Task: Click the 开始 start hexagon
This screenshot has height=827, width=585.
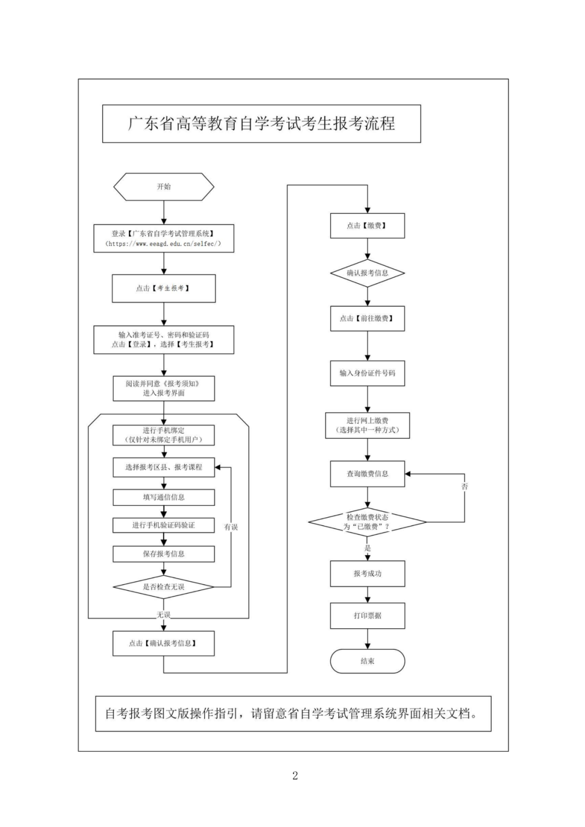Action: click(x=164, y=187)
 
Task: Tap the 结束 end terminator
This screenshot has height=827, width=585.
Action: click(x=367, y=661)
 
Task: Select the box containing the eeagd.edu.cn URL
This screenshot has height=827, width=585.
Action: click(x=164, y=239)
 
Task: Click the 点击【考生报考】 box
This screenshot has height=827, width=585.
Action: click(x=164, y=288)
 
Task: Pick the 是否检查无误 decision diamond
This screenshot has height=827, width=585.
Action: click(x=164, y=587)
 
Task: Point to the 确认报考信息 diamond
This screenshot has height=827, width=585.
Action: click(x=367, y=273)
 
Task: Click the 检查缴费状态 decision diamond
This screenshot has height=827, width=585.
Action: click(x=367, y=522)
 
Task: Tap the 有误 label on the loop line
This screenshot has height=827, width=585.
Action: click(x=231, y=527)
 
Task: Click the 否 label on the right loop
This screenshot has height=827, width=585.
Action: click(x=464, y=486)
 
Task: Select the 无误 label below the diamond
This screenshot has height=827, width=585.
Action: click(x=164, y=615)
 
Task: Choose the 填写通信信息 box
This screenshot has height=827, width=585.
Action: click(x=164, y=497)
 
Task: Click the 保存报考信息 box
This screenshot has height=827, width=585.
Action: click(x=164, y=553)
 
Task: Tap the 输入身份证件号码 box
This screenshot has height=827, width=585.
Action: click(x=367, y=373)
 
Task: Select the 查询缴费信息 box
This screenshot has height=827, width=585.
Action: click(x=367, y=474)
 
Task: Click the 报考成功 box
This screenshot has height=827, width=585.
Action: click(x=367, y=574)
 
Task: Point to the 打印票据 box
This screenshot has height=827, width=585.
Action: click(x=367, y=616)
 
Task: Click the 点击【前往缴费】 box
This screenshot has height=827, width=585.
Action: click(x=367, y=318)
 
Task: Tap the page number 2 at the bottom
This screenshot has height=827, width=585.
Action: click(x=295, y=776)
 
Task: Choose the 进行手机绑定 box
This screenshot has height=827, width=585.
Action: click(x=164, y=435)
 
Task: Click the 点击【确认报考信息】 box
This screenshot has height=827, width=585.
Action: click(x=164, y=643)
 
